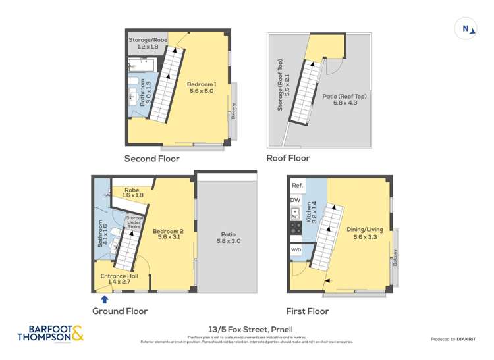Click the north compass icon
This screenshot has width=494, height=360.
(x=466, y=28)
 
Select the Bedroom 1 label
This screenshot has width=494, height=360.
(x=202, y=88)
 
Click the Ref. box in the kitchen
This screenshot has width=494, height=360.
(x=298, y=186)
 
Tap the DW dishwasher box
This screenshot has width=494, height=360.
(x=296, y=200)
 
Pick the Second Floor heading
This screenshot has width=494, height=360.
(x=152, y=159)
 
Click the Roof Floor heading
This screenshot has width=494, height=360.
(x=287, y=158)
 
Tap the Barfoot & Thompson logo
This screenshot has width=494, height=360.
(x=51, y=333)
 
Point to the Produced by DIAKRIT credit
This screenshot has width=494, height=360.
(x=453, y=339)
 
